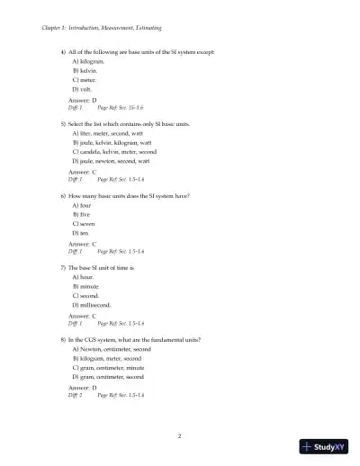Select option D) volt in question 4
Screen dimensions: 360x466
coord(84,90)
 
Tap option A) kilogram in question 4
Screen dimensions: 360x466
coord(88,61)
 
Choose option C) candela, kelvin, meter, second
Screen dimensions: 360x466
coord(116,152)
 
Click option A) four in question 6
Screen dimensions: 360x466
coord(81,205)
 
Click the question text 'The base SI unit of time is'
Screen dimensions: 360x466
coord(101,268)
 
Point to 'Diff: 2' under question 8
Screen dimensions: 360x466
coord(75,395)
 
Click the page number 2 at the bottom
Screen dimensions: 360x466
coord(180,436)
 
